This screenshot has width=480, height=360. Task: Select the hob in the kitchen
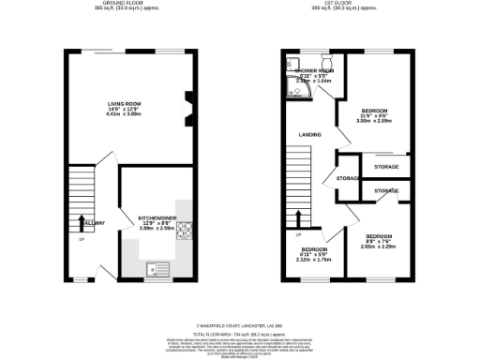click(x=185, y=231)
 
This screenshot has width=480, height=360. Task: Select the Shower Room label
click(x=314, y=71)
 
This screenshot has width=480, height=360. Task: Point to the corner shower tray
click(x=294, y=78)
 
